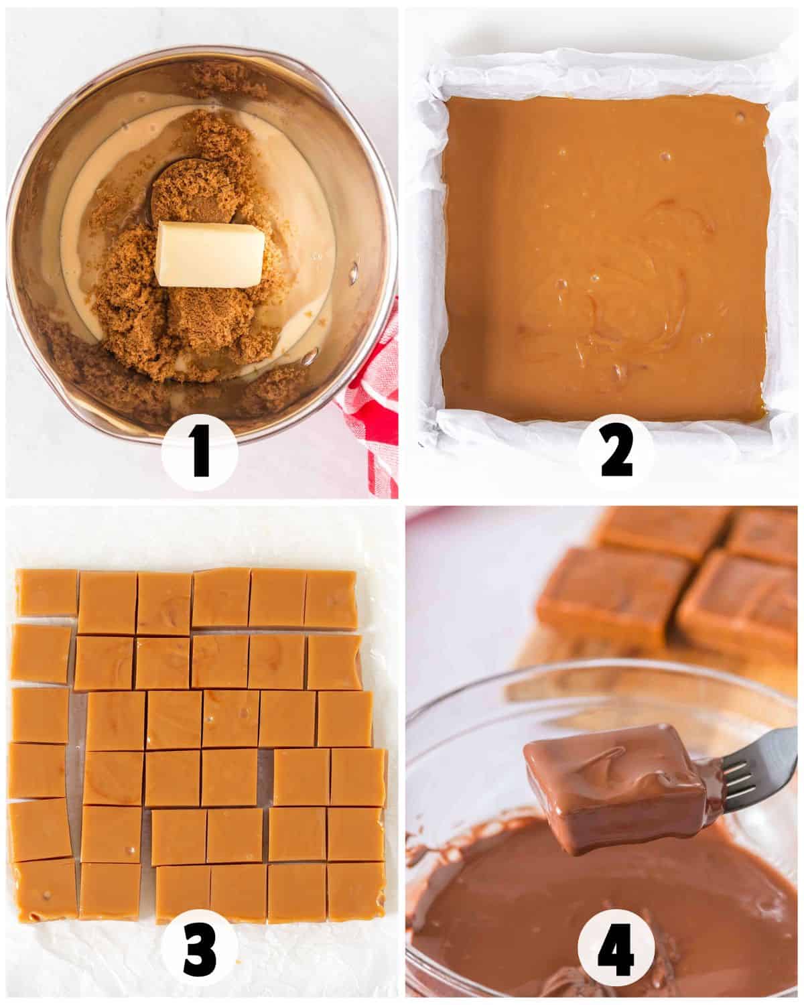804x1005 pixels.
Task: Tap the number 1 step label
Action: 199,454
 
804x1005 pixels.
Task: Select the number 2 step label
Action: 616,454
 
